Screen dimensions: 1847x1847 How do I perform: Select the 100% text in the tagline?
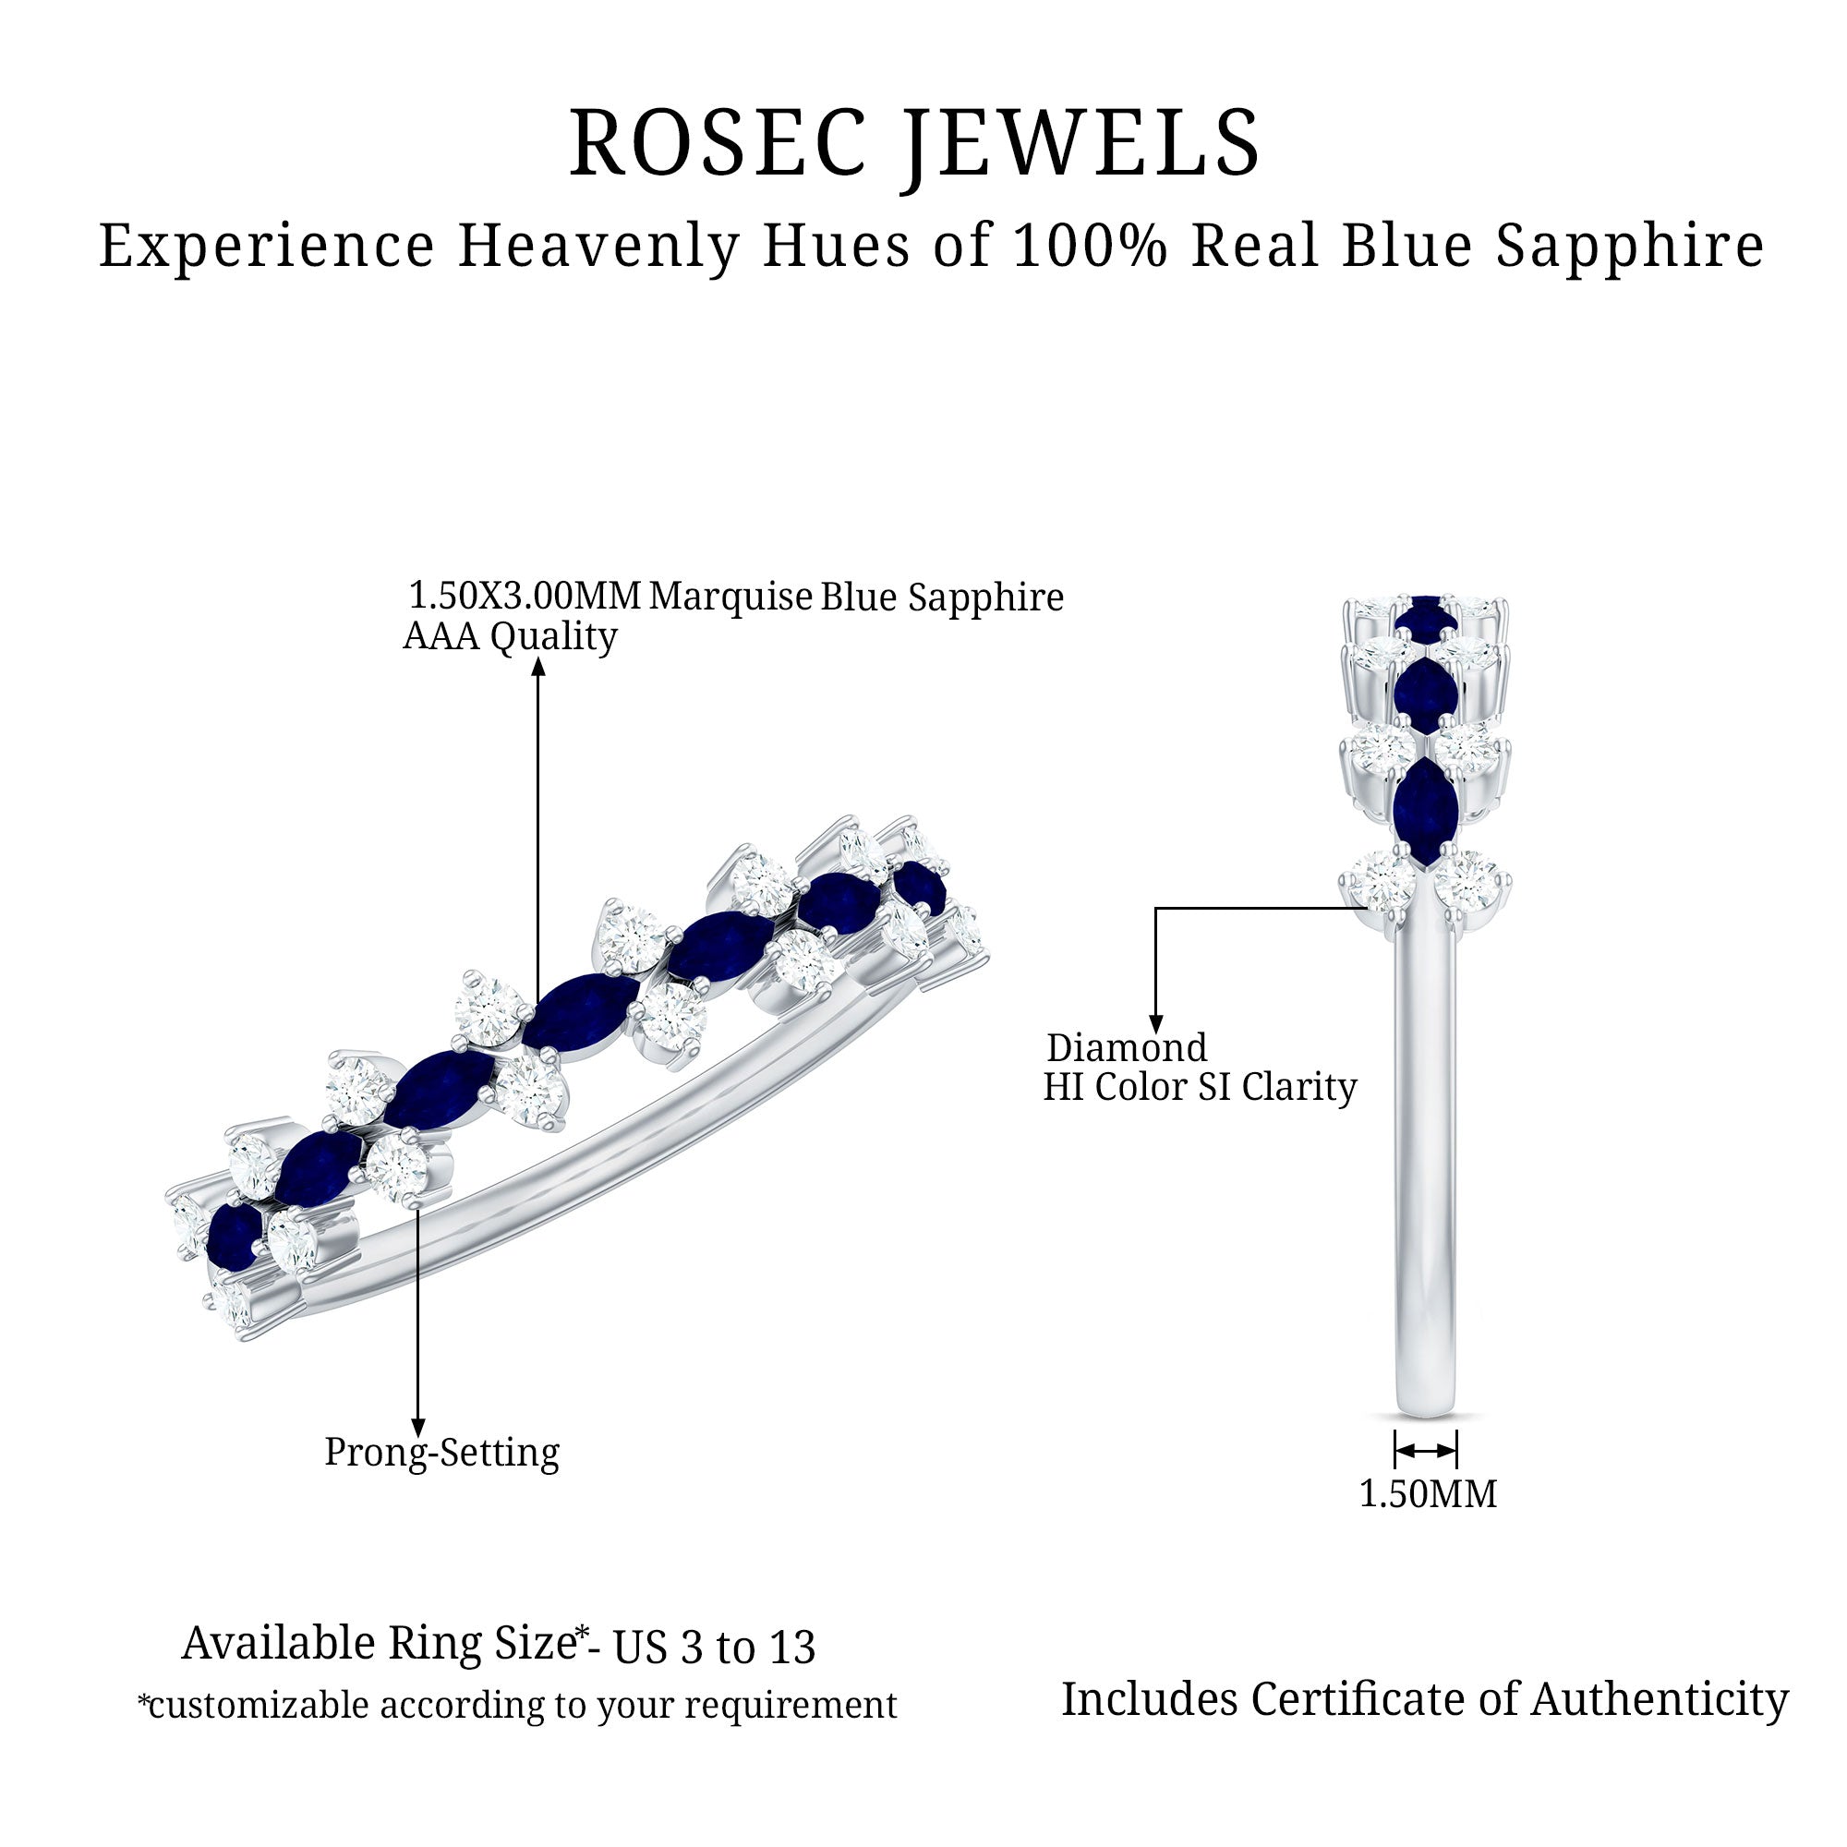(1089, 246)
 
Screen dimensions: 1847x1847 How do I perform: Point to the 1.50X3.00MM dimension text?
(524, 596)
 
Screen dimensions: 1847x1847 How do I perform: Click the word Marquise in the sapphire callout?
(730, 597)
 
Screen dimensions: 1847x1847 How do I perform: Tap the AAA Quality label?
(511, 635)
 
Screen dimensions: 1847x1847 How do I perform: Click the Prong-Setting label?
(441, 1451)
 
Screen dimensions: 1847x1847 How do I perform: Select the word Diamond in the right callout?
(1126, 1048)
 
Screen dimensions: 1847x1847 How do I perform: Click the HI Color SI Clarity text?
(1200, 1087)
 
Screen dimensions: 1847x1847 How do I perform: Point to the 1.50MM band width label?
(1428, 1493)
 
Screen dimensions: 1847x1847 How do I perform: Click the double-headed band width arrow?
(1425, 1450)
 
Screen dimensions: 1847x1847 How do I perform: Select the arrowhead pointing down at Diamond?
(1156, 1025)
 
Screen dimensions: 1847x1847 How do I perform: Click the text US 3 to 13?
(713, 1648)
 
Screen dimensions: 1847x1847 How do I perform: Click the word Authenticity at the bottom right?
(1660, 1700)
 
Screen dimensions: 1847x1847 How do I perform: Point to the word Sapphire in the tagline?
(1630, 246)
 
